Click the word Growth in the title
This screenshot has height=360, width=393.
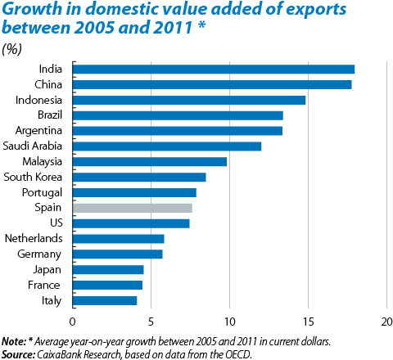tap(26, 11)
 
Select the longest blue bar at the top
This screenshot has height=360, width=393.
tap(214, 70)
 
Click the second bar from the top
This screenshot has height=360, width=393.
tap(212, 85)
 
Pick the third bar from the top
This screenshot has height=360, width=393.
tap(189, 100)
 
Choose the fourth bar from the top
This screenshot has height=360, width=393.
tap(178, 115)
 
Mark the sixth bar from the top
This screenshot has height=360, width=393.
tap(167, 146)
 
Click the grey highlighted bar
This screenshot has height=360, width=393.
tap(133, 208)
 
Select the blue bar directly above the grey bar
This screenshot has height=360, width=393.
tap(134, 192)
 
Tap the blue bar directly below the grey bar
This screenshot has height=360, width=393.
tap(131, 223)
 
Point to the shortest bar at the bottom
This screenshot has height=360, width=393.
tap(105, 300)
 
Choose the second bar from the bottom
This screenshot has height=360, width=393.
tap(107, 285)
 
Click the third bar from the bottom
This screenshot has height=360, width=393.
tap(108, 270)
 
